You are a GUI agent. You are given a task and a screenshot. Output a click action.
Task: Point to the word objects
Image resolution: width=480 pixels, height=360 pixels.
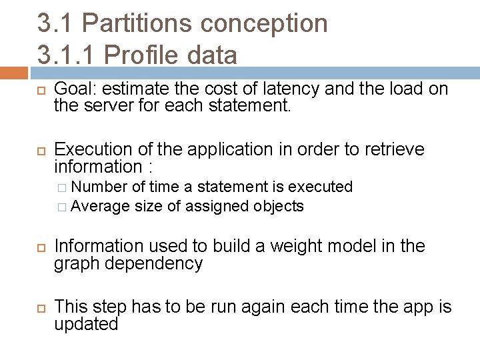279,206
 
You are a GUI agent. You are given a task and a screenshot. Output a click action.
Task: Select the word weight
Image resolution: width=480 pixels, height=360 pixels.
293,247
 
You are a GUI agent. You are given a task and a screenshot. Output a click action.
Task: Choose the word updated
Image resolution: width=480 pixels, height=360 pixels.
86,324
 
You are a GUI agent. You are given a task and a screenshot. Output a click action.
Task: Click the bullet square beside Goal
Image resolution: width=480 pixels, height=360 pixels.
40,89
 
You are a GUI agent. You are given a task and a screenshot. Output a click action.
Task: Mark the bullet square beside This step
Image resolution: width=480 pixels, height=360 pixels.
40,308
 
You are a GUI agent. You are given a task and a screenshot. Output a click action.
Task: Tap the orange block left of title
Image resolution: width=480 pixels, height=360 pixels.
13,72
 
